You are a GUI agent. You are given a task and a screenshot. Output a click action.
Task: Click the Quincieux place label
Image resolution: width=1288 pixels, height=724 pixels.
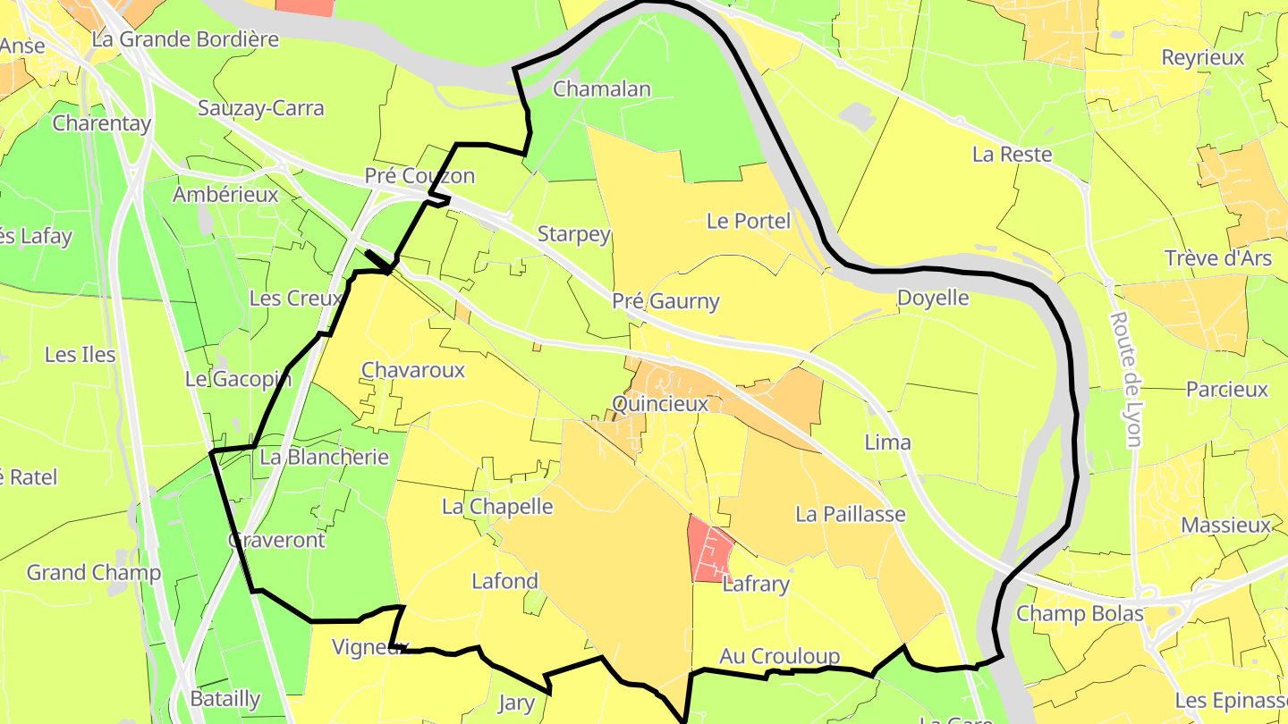point(660,404)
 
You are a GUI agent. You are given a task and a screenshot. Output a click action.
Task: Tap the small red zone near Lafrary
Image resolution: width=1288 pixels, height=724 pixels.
point(708,550)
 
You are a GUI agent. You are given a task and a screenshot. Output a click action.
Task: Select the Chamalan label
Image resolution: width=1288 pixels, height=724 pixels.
point(602,88)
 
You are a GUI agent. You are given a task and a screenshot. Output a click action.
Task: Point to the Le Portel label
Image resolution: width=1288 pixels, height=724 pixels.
point(749,221)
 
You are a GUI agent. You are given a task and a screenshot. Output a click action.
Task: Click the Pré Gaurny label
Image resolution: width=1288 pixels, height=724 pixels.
point(665,301)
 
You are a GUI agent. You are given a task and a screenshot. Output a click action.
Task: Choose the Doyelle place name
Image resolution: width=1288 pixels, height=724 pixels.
point(933,298)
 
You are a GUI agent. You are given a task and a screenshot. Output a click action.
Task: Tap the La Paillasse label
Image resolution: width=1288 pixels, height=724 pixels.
point(851,514)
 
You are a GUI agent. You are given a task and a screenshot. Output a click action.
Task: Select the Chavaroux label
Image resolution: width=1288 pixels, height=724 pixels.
point(413,370)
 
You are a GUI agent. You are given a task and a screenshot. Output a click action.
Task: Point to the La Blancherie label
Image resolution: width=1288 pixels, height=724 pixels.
point(324,457)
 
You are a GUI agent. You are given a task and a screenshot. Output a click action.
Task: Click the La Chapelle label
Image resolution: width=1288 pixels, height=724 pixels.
point(497,507)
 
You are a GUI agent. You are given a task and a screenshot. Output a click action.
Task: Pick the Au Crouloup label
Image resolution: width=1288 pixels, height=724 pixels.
point(780,657)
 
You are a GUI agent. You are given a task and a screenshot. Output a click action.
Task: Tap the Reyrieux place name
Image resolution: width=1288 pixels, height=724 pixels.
point(1202,57)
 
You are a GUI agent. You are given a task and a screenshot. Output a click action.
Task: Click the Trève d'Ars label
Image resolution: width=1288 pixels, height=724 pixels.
point(1217,258)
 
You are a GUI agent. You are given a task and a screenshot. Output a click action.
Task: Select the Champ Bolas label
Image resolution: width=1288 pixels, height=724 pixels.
point(1080,614)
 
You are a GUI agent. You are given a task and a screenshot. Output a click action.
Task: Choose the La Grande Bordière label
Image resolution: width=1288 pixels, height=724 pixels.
point(185,39)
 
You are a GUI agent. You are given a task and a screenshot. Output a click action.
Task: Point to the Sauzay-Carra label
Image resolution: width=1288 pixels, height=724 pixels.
point(260,108)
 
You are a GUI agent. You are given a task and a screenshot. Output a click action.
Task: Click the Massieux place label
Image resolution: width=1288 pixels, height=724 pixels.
point(1225,525)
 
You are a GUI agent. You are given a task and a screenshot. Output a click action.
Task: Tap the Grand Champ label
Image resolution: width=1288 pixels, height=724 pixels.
point(93,572)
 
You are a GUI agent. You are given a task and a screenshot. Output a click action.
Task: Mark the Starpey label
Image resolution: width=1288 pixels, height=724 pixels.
point(573,234)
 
